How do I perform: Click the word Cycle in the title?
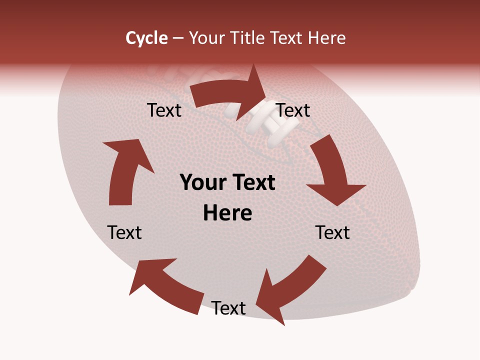(146, 38)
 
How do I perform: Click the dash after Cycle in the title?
(178, 38)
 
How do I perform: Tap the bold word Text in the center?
(252, 182)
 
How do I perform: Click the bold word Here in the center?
(227, 213)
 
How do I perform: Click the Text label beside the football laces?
(293, 110)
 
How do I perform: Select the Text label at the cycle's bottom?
(228, 308)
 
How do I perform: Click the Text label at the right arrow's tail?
(164, 110)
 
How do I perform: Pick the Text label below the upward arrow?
(124, 232)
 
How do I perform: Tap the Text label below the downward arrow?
(333, 232)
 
